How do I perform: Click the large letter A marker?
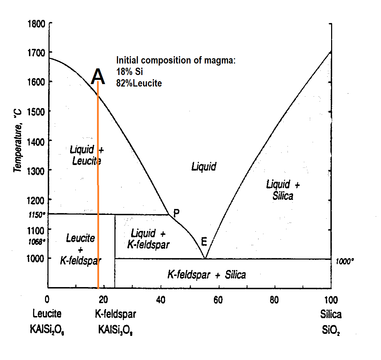[x=98, y=76]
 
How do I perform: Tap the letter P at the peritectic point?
[x=177, y=213]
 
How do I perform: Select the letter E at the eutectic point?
[x=204, y=241]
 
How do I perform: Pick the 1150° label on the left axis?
[x=37, y=214]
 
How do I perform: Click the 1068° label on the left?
[x=37, y=241]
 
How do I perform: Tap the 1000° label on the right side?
[x=345, y=261]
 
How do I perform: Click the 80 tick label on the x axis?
[x=275, y=299]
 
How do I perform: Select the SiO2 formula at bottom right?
[x=330, y=329]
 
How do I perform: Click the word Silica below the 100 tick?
[x=331, y=314]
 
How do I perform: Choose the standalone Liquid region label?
[x=204, y=167]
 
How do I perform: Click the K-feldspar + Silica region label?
[x=207, y=275]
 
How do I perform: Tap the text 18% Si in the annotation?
[x=129, y=72]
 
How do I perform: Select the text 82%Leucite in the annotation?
[x=139, y=83]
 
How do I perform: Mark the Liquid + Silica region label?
[x=283, y=190]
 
